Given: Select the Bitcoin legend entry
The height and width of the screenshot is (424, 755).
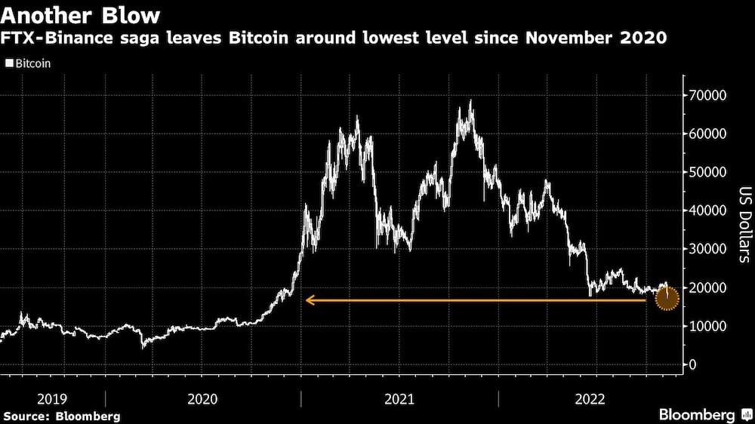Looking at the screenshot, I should [x=28, y=63].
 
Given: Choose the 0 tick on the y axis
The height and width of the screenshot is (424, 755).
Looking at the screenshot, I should [x=691, y=365].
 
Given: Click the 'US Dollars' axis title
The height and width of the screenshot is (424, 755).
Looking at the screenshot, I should [x=744, y=224].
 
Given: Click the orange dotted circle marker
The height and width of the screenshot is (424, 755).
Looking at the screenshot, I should [x=667, y=299].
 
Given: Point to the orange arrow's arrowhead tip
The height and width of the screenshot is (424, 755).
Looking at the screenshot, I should [x=307, y=300].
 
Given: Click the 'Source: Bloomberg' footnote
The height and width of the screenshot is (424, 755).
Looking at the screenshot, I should [x=62, y=416].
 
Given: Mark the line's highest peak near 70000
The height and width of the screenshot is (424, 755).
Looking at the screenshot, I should [x=471, y=100].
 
